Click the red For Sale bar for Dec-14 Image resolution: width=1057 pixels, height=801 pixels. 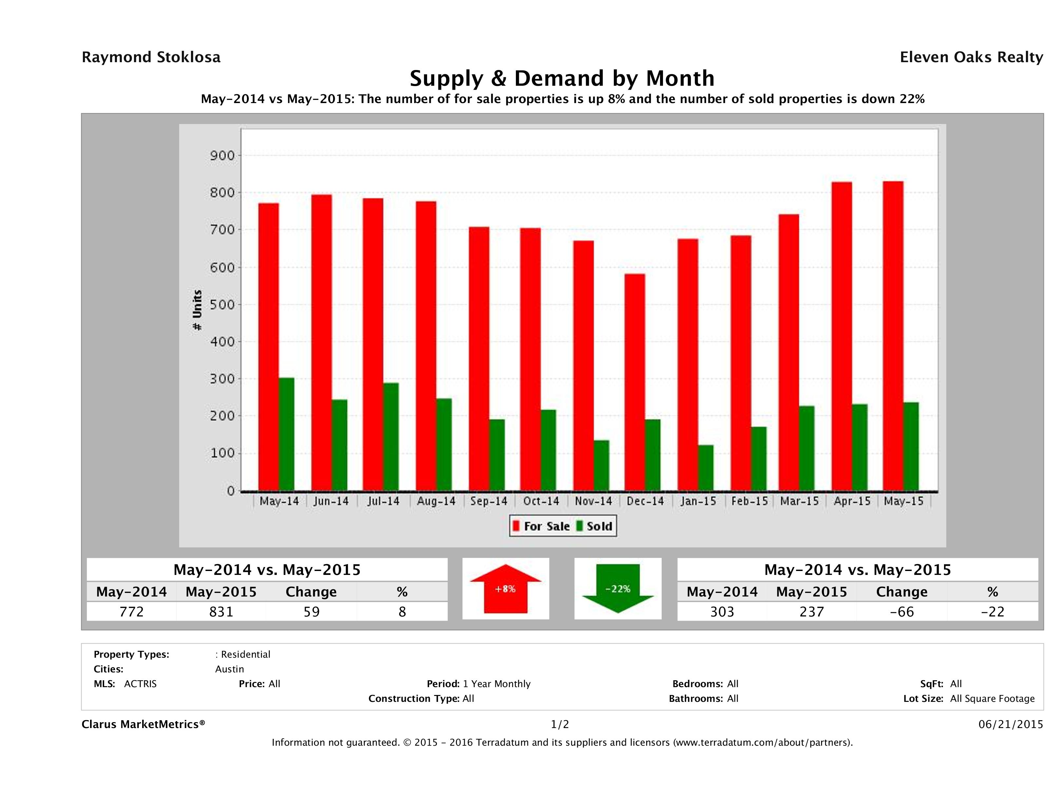coord(634,382)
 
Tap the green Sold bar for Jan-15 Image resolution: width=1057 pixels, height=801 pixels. coord(706,468)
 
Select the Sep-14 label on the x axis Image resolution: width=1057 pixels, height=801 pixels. coord(488,501)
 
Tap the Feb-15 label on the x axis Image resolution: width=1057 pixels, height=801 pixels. coord(749,501)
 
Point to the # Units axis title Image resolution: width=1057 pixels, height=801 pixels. coord(197,310)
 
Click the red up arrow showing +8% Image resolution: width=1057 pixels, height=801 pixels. coord(505,589)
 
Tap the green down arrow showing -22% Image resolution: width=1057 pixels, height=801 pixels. coord(618,589)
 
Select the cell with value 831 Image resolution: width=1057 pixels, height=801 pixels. coord(221,612)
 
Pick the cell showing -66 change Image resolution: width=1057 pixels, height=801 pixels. coord(902,612)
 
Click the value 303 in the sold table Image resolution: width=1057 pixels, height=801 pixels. coord(722,612)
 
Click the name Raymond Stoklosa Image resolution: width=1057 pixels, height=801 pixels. coord(151,57)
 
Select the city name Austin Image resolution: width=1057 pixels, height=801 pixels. coord(229,669)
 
